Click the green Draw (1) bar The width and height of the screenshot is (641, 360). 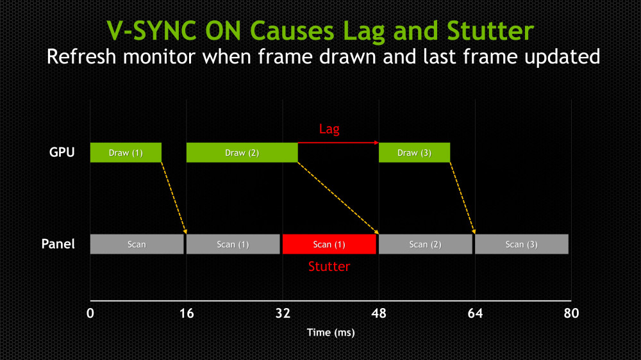click(126, 152)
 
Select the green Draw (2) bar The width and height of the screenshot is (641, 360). click(242, 152)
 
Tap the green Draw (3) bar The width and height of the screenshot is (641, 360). click(414, 152)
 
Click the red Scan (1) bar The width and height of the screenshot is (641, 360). click(329, 244)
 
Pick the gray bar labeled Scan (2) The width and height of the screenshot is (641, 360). click(425, 244)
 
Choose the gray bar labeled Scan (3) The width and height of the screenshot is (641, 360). click(521, 244)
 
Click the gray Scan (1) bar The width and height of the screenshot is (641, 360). click(233, 244)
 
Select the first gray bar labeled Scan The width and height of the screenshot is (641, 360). click(137, 244)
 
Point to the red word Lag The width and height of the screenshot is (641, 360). click(329, 129)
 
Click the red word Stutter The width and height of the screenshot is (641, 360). click(329, 266)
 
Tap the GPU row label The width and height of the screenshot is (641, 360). click(62, 153)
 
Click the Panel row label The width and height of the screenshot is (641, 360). click(58, 244)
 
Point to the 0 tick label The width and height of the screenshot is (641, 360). click(90, 313)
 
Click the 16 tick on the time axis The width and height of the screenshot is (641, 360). click(187, 313)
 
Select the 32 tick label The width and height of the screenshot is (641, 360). click(283, 313)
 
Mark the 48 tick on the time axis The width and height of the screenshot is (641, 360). click(379, 313)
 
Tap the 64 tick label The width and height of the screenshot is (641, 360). click(475, 313)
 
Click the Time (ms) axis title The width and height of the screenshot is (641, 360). click(330, 332)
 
